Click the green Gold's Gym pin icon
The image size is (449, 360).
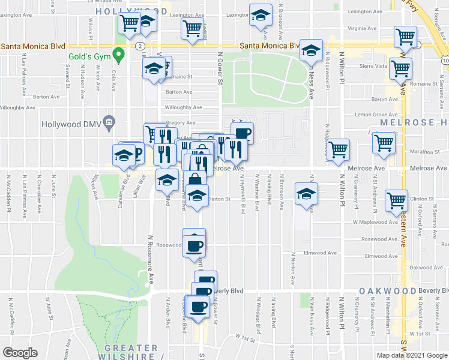(119, 57)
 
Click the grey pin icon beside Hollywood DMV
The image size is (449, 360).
(109, 124)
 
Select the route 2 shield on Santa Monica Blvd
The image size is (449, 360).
(139, 46)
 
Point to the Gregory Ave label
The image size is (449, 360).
(179, 122)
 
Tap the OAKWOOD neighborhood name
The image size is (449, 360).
(388, 291)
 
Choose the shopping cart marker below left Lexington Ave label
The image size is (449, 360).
(192, 28)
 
